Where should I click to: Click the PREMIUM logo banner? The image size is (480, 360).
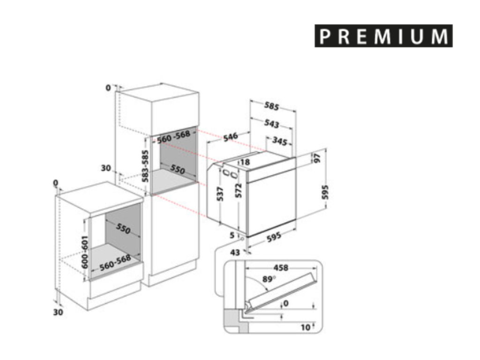[x=383, y=36]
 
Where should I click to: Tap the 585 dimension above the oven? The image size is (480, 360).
[x=271, y=106]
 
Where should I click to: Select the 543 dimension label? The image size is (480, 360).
[x=271, y=123]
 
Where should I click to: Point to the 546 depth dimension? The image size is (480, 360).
[x=231, y=137]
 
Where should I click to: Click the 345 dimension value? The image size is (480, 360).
[x=280, y=141]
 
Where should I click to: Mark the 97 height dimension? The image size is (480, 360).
[x=317, y=158]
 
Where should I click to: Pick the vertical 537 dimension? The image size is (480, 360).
[x=220, y=194]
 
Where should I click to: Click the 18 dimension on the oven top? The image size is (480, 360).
[x=246, y=162]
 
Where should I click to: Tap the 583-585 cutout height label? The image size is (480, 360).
[x=146, y=166]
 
